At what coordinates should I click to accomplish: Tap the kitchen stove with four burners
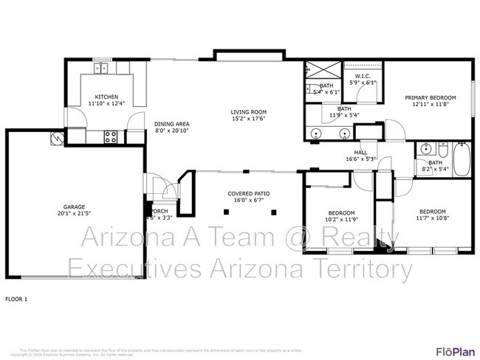click(x=111, y=136)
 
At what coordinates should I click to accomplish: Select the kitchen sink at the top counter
click(x=101, y=69)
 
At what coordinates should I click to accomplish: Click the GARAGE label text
click(x=73, y=207)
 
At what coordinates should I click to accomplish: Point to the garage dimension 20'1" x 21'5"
click(x=73, y=214)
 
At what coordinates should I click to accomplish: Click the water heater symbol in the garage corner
click(x=56, y=138)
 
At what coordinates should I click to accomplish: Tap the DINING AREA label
click(x=172, y=124)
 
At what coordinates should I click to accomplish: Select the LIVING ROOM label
click(x=248, y=111)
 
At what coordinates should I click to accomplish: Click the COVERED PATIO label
click(x=249, y=193)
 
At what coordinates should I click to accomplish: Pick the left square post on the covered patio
click(x=224, y=212)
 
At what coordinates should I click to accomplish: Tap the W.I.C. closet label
click(x=363, y=77)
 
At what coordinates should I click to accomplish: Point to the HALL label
click(x=360, y=152)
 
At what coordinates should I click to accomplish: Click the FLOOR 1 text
click(x=16, y=299)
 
